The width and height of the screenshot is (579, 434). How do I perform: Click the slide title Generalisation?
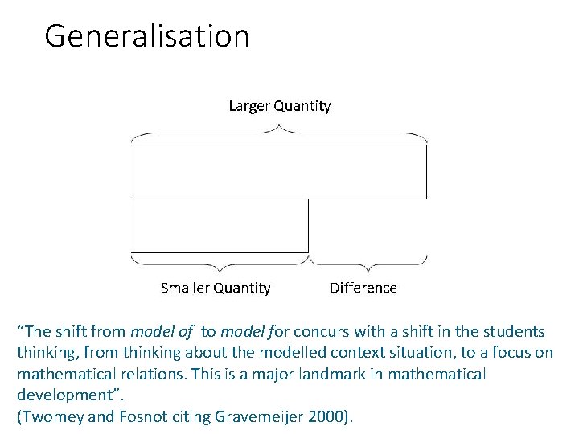(147, 36)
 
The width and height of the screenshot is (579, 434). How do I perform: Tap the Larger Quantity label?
(279, 105)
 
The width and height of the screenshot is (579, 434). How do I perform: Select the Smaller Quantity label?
(216, 288)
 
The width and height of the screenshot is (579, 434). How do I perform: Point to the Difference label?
(363, 288)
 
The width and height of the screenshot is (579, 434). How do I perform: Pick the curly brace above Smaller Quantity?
(219, 264)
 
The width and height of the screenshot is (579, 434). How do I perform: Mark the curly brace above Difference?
(368, 264)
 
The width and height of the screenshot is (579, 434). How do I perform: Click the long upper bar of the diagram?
(278, 171)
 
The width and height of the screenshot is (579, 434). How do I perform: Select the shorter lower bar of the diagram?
(220, 226)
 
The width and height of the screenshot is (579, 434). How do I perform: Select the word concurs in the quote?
(333, 332)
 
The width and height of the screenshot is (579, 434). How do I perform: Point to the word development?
(60, 395)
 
